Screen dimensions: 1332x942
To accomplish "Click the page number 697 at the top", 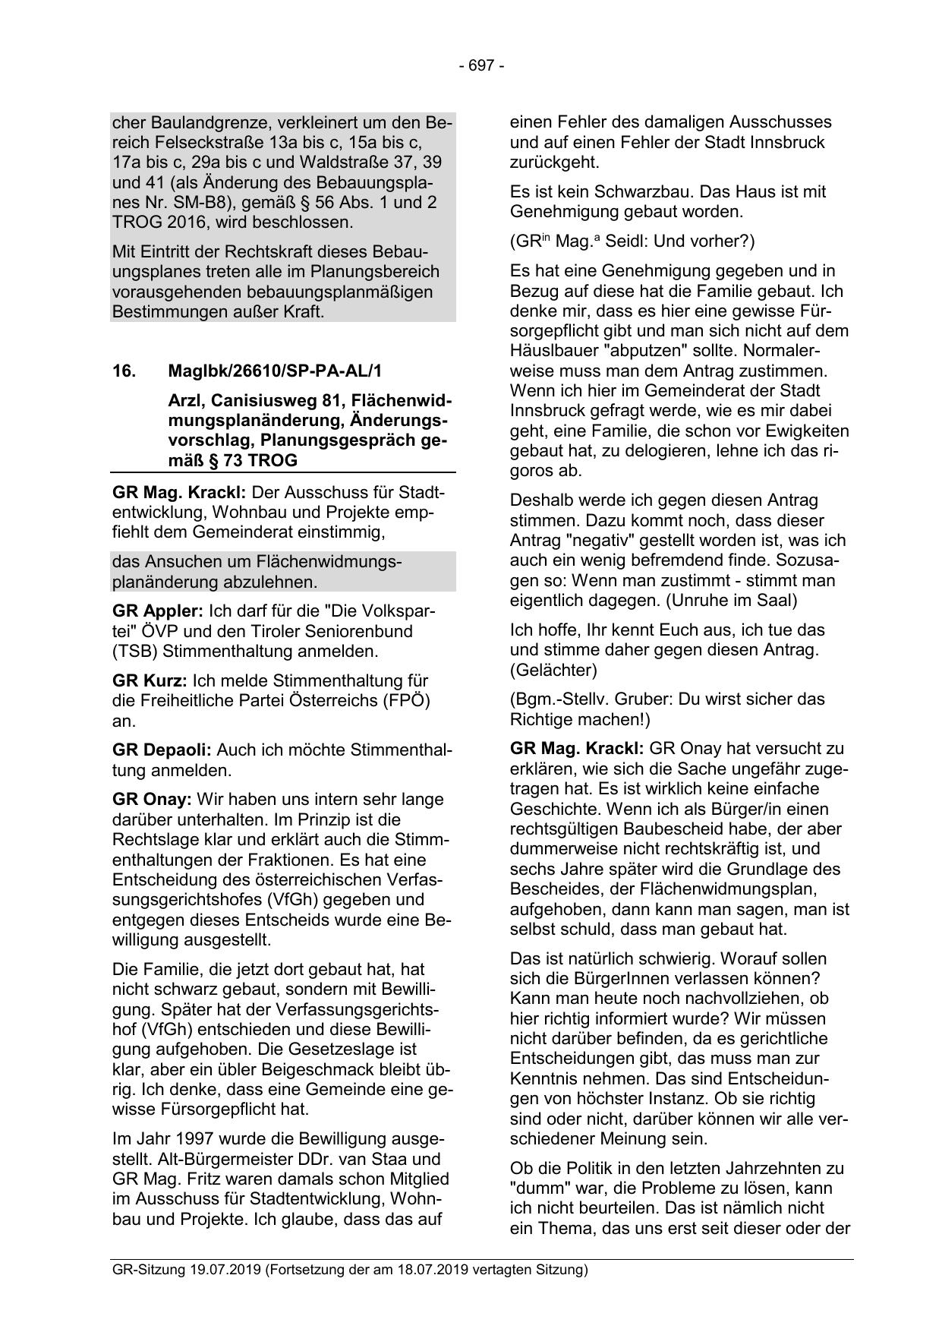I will click(x=481, y=66).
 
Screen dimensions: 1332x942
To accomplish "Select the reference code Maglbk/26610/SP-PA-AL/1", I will click(x=276, y=371).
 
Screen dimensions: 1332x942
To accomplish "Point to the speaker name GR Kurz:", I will click(x=150, y=680).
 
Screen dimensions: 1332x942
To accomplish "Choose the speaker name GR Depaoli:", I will click(x=162, y=750).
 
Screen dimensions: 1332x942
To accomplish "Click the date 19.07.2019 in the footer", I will click(x=225, y=1270).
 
